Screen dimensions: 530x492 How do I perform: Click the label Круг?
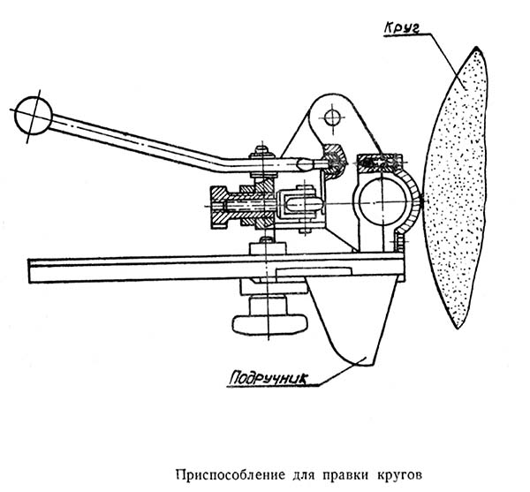coord(405,24)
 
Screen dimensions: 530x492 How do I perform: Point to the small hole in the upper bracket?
coord(333,117)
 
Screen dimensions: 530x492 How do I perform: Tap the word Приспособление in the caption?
coord(233,467)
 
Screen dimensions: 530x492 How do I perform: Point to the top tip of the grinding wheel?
coord(477,49)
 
